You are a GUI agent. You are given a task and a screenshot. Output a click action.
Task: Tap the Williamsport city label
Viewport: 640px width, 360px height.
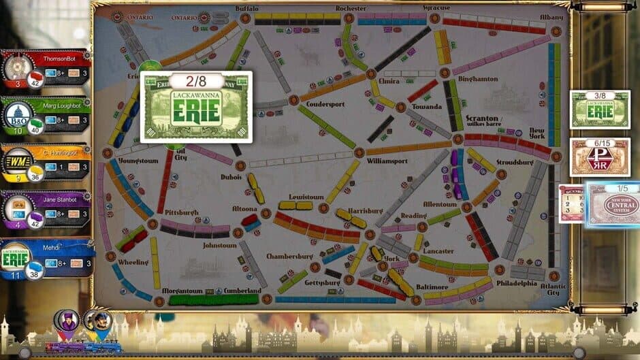387,161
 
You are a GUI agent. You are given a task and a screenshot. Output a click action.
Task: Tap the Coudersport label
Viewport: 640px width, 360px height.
325,104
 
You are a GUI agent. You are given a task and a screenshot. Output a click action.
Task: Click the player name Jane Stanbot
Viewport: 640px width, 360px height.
60,199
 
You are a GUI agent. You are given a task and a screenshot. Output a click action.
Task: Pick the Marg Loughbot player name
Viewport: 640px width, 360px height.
60,106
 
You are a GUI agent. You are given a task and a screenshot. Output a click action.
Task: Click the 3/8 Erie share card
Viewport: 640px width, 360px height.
600,109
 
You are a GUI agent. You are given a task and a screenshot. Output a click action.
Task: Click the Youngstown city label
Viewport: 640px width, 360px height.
138,161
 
